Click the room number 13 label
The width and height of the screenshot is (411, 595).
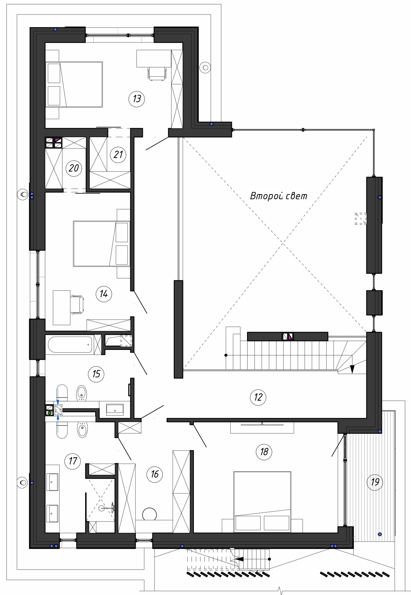(137, 99)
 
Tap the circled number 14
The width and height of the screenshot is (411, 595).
(104, 294)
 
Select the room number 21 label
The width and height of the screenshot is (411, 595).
(118, 154)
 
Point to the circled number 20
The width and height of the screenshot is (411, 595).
(74, 168)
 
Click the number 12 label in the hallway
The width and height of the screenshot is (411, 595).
(258, 397)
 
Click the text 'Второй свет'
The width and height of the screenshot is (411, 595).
(279, 196)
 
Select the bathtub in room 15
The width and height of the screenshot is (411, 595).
(70, 344)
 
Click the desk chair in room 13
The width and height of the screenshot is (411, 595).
(157, 74)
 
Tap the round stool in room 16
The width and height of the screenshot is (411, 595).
(149, 514)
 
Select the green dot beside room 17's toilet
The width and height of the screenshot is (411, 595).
(50, 413)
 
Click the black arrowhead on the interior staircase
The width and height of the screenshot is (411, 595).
(352, 369)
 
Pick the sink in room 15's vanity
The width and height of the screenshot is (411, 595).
(115, 410)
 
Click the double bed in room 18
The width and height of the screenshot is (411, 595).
(262, 502)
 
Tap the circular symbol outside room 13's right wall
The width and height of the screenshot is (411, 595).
(205, 68)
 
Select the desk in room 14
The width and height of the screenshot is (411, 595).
(61, 308)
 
